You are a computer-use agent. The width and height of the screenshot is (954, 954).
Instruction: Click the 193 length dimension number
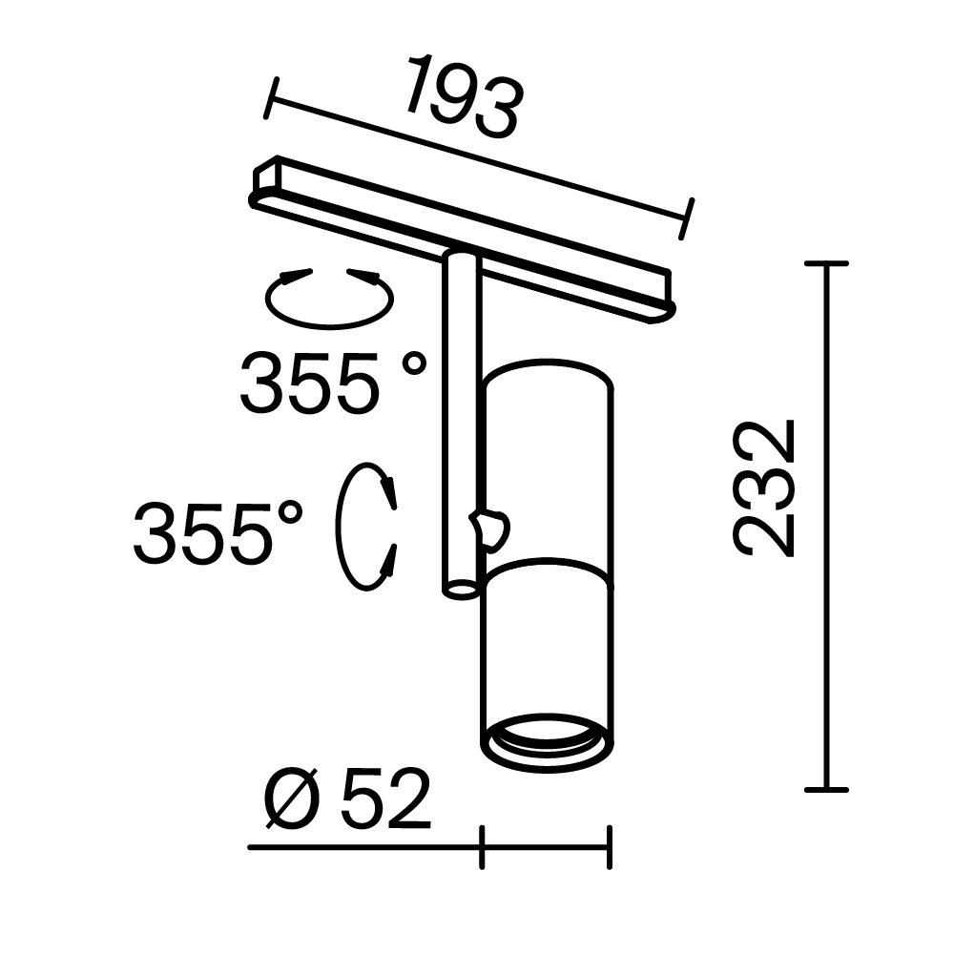[x=465, y=98]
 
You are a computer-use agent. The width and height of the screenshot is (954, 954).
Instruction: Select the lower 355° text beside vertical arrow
[x=218, y=532]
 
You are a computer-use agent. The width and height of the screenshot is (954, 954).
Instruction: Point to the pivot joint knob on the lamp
[x=490, y=528]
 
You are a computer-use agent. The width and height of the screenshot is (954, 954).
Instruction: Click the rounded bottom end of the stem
[x=461, y=589]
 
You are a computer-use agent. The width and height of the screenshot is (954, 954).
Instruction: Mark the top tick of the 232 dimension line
[x=825, y=263]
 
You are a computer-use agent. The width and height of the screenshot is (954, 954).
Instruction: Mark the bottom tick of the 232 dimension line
[x=825, y=789]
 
